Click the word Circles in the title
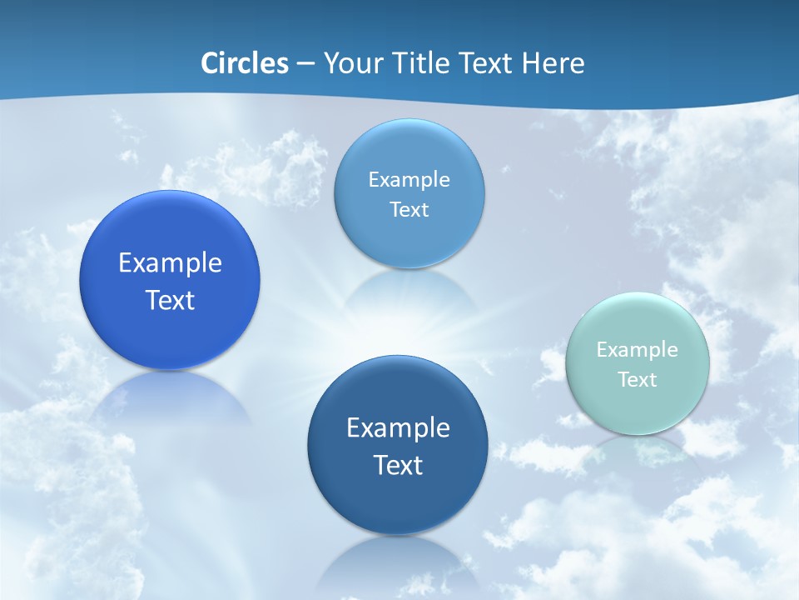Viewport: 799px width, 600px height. pyautogui.click(x=245, y=63)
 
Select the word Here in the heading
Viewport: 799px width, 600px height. pyautogui.click(x=553, y=63)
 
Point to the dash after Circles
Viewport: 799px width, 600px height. pyautogui.click(x=305, y=64)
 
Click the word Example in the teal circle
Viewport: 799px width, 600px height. pyautogui.click(x=637, y=350)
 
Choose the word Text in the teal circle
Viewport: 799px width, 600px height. pyautogui.click(x=637, y=380)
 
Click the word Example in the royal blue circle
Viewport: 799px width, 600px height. pyautogui.click(x=170, y=263)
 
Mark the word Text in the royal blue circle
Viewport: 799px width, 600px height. pyautogui.click(x=170, y=300)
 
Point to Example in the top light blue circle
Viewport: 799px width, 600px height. pyautogui.click(x=409, y=180)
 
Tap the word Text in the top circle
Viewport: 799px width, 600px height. pyautogui.click(x=409, y=210)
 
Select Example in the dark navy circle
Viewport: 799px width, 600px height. pyautogui.click(x=398, y=428)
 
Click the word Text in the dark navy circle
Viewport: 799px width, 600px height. pyautogui.click(x=398, y=465)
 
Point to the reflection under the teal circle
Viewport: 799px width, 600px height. pyautogui.click(x=637, y=450)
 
